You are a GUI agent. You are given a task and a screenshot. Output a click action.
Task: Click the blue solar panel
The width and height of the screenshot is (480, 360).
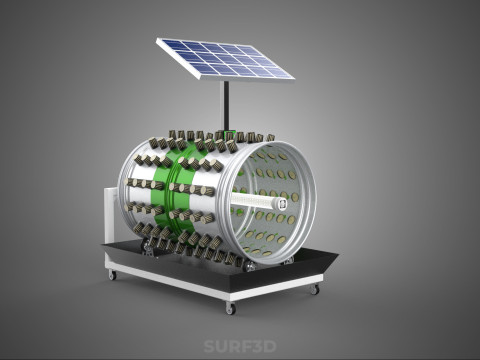pyautogui.click(x=225, y=59)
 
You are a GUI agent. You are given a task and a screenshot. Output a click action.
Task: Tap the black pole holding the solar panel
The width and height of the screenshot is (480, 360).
pyautogui.click(x=226, y=106)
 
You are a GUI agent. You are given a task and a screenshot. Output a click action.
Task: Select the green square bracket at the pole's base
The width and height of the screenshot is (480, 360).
pyautogui.click(x=229, y=136)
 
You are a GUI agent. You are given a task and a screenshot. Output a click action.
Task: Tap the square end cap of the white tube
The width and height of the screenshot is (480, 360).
pyautogui.click(x=282, y=204)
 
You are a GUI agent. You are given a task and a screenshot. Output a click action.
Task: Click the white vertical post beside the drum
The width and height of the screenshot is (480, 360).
pyautogui.click(x=110, y=215)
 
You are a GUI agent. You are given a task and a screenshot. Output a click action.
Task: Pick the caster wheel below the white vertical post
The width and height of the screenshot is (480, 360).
pyautogui.click(x=112, y=275)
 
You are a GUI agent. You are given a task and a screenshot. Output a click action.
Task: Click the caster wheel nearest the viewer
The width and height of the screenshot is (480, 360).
pyautogui.click(x=230, y=308)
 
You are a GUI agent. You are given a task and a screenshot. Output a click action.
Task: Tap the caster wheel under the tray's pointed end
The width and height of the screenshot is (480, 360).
pyautogui.click(x=314, y=289)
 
